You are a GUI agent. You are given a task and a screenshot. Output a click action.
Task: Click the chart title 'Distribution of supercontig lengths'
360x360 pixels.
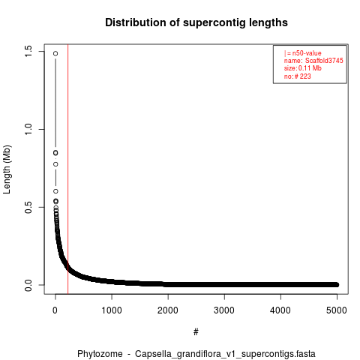(196, 22)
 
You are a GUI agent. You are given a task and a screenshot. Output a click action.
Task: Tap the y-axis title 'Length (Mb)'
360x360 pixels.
(7, 169)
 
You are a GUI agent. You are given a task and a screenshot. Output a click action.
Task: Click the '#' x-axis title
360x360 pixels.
(196, 332)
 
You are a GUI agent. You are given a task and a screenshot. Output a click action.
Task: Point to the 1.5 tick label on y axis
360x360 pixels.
(28, 51)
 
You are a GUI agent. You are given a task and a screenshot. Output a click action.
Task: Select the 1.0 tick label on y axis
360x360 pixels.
(28, 129)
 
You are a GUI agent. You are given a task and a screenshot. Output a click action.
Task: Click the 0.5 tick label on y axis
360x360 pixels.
(28, 207)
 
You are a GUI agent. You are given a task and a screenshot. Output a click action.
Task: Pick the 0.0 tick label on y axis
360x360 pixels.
(28, 285)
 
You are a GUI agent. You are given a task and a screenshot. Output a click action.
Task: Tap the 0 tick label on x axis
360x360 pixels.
(55, 310)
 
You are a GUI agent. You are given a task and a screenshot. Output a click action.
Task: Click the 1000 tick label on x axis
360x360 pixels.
(112, 310)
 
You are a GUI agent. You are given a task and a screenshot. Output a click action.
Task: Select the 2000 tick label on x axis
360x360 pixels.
(168, 310)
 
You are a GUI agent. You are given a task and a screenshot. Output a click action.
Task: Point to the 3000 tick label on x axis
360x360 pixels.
(224, 310)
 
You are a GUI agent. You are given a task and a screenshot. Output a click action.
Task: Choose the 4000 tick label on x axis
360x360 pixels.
(280, 310)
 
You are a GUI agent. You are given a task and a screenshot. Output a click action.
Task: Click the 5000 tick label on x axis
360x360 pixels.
(337, 310)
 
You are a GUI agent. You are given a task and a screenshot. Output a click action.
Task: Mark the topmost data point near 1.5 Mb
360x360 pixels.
(55, 53)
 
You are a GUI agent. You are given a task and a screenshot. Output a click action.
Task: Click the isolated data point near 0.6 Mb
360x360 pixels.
(55, 191)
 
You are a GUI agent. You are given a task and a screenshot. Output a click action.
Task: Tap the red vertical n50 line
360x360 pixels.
(68, 169)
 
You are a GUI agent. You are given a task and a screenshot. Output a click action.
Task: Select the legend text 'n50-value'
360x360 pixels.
(307, 53)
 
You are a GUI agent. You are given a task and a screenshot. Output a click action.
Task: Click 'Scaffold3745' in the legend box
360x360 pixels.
(324, 61)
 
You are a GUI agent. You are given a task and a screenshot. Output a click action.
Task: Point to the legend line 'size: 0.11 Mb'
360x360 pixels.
(303, 68)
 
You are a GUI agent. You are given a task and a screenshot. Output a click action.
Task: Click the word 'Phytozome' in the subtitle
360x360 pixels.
(100, 354)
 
